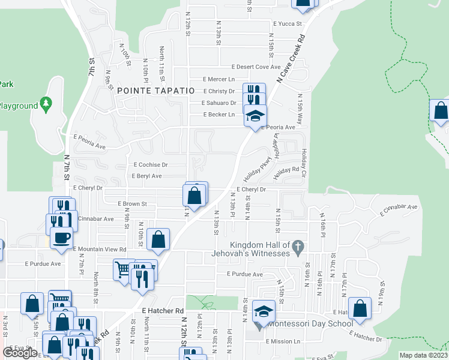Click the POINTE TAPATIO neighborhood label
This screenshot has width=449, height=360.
pyautogui.click(x=156, y=90)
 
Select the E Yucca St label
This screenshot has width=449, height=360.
pyautogui.click(x=288, y=24)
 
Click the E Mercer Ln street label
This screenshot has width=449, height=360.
pyautogui.click(x=218, y=79)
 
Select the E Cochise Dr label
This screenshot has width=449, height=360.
pyautogui.click(x=151, y=164)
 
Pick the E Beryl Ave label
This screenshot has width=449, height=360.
pyautogui.click(x=146, y=176)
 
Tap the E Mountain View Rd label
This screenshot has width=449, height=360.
pyautogui.click(x=100, y=249)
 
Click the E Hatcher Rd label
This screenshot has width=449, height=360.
pyautogui.click(x=163, y=310)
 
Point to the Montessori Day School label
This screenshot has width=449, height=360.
pyautogui.click(x=310, y=324)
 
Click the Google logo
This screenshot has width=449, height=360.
pyautogui.click(x=20, y=352)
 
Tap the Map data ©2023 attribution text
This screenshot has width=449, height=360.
pyautogui.click(x=423, y=355)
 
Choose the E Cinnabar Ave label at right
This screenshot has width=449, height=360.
pyautogui.click(x=398, y=210)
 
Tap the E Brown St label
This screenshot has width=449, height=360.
pyautogui.click(x=132, y=204)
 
